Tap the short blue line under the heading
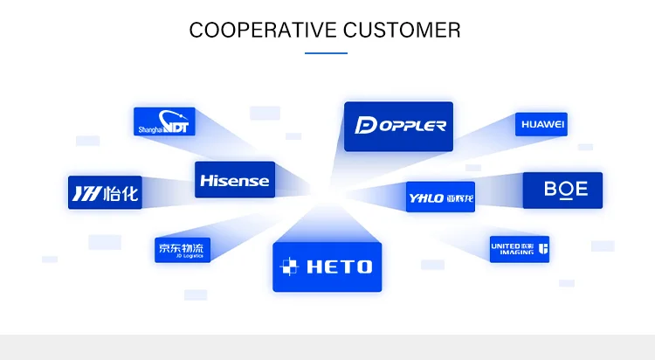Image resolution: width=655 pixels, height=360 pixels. point(327,53)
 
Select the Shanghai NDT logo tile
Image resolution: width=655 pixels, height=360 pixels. point(164,121)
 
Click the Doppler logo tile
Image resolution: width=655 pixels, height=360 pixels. point(398,126)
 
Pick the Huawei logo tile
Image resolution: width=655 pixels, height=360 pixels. point(541,125)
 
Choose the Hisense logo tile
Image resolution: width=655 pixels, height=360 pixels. point(234,180)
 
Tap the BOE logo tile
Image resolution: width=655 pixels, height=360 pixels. point(562,190)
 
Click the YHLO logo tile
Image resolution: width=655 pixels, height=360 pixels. point(440,197)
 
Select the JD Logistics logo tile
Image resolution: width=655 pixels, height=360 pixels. point(183,249)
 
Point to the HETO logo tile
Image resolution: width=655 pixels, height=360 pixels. point(327,267)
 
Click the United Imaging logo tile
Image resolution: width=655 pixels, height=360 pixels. point(520,250)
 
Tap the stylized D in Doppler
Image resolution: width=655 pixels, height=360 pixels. point(365,126)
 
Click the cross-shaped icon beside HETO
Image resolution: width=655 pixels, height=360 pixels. point(290,267)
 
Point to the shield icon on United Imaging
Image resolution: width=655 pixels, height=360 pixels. point(542,250)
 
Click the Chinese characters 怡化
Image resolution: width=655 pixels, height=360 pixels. point(120,193)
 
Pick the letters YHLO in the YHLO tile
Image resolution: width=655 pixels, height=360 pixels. point(426,198)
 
